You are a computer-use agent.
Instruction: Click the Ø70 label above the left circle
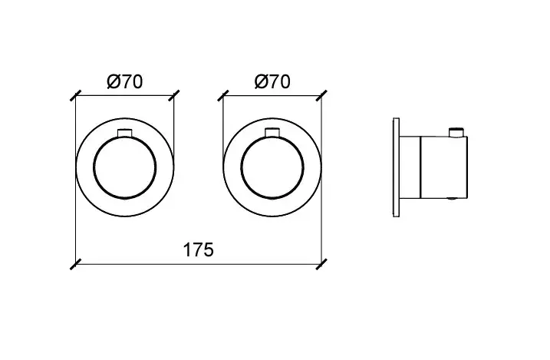pos(125,82)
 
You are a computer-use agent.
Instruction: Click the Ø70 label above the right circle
pos(272,82)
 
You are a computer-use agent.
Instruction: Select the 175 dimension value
pos(198,250)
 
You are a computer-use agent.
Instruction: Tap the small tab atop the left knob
pos(124,134)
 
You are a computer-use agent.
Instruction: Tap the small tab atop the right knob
pos(272,134)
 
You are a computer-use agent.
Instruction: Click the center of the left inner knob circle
pos(125,168)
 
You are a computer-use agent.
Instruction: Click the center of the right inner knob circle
pos(272,168)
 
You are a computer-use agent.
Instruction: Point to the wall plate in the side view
pos(396,167)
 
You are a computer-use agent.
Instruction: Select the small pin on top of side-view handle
pos(456,132)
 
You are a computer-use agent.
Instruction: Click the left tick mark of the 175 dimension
pos(76,264)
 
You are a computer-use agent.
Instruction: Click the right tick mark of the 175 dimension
pos(321,264)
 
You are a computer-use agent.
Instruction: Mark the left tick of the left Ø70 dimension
pos(76,95)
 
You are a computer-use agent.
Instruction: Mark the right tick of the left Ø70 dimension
pos(174,95)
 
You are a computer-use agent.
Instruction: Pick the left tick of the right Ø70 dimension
pos(223,95)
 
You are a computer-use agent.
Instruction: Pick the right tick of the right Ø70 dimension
pos(321,95)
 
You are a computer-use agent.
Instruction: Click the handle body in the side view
pos(444,167)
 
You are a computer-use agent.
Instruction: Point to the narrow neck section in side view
pos(410,167)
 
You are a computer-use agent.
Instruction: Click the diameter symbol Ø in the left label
pos(113,82)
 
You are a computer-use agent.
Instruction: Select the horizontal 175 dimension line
pos(199,264)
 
